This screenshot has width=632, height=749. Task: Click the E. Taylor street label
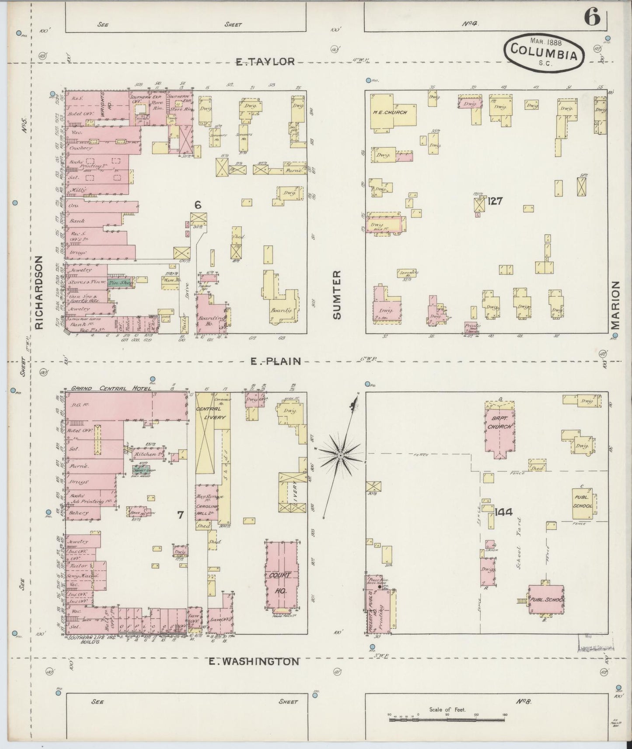click(265, 62)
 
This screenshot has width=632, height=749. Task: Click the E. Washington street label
click(254, 661)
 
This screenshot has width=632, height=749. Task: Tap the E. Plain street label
click(276, 361)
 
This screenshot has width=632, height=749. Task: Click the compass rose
click(340, 455)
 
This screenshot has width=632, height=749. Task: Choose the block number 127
click(496, 201)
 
